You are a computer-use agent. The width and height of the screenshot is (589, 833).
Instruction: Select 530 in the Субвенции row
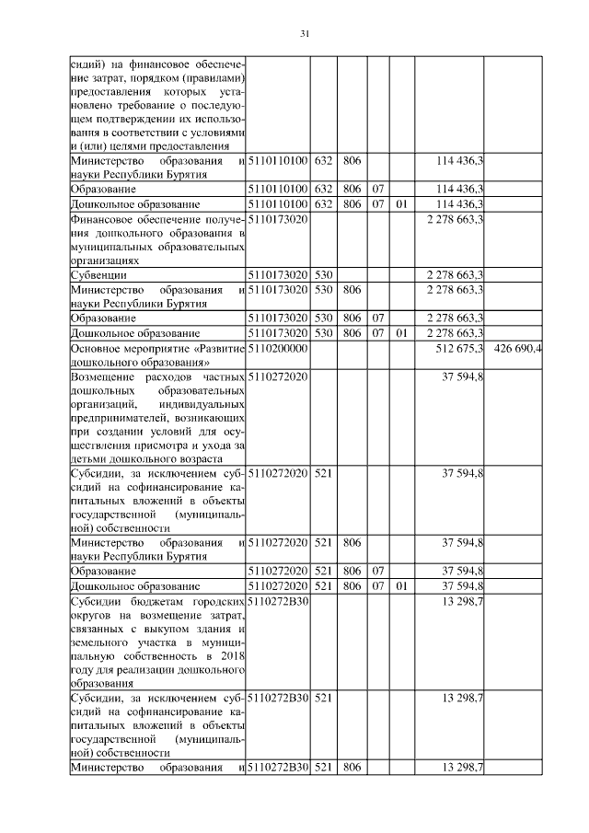click(x=323, y=274)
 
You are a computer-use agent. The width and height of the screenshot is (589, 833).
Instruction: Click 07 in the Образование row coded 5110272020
click(x=377, y=572)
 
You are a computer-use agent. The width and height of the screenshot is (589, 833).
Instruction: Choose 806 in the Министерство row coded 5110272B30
click(x=350, y=767)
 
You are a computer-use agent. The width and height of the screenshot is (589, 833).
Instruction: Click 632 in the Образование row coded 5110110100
click(x=323, y=189)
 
